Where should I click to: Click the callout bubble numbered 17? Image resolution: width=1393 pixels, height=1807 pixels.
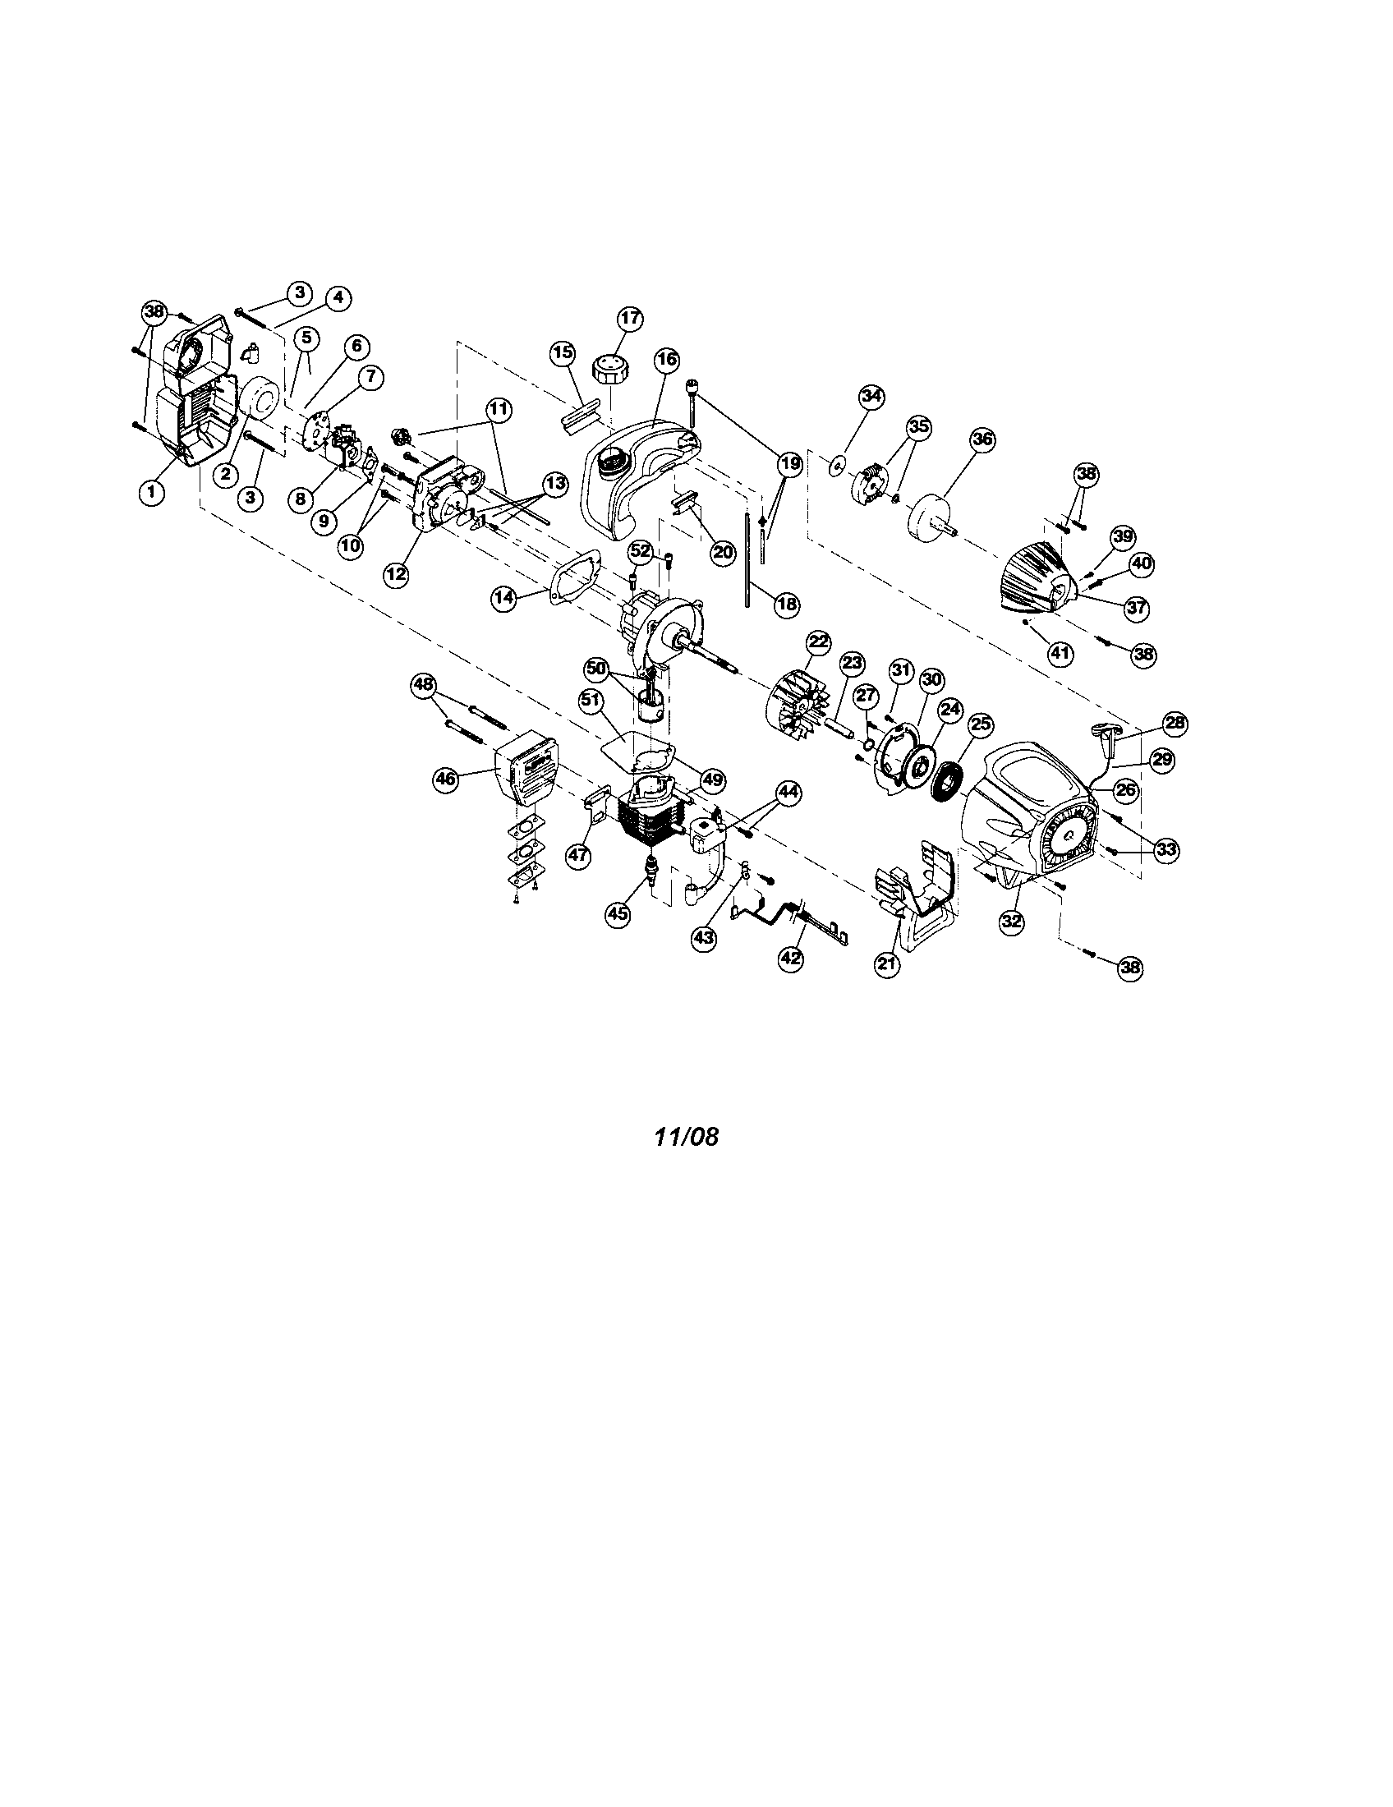[x=629, y=318]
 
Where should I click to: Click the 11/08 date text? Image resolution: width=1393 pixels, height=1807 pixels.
[x=686, y=1137]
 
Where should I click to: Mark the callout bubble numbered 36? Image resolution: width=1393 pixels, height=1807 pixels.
[x=981, y=439]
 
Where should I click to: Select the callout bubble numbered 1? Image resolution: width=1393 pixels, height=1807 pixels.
[x=150, y=491]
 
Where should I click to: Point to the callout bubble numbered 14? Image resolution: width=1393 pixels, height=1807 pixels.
[x=503, y=598]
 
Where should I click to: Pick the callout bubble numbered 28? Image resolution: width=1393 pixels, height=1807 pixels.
[x=1175, y=723]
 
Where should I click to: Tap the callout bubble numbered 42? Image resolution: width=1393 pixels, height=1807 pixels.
[x=791, y=957]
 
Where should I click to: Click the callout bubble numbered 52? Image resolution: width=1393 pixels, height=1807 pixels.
[x=641, y=550]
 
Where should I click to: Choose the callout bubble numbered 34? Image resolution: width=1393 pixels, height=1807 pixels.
[x=870, y=397]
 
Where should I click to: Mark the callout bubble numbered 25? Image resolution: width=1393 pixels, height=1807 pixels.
[x=980, y=724]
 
